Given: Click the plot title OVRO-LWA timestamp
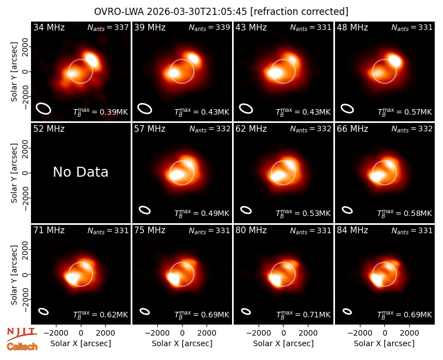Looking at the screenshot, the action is click(x=221, y=12).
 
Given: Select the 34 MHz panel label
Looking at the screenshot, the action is click(x=49, y=27).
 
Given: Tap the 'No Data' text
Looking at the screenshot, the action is click(x=80, y=172).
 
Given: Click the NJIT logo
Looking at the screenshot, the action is click(x=22, y=334).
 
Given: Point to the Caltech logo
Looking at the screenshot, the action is click(x=22, y=347).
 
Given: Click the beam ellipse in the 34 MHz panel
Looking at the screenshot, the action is click(x=43, y=108).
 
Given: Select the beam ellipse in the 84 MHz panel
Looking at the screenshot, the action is click(x=347, y=311).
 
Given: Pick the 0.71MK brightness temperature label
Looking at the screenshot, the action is click(x=303, y=315).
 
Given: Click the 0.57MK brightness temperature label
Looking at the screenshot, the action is click(x=405, y=112).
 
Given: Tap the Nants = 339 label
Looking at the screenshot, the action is click(x=209, y=27).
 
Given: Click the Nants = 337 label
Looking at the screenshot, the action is click(x=108, y=27).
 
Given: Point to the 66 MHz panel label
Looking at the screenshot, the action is click(x=352, y=129).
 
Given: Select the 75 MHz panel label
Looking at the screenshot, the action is click(x=150, y=230).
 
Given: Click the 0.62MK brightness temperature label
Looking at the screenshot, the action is click(x=101, y=315).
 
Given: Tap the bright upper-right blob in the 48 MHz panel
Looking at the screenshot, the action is click(x=395, y=61).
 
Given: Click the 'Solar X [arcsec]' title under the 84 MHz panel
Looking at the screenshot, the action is click(x=384, y=343).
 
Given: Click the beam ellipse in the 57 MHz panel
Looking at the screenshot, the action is click(x=145, y=210).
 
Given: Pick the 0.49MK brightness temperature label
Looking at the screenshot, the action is click(x=202, y=213).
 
